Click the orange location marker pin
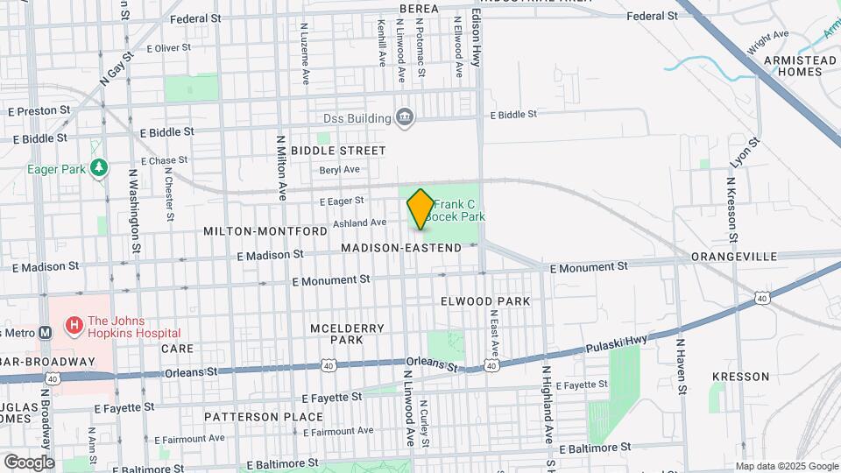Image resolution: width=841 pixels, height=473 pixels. (420, 208)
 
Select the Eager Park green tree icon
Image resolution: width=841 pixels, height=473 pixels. (100, 166)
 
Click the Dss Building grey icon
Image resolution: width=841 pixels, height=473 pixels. (404, 117)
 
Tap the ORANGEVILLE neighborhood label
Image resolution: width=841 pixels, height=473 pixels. (734, 257)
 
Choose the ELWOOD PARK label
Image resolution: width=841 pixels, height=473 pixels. (487, 301)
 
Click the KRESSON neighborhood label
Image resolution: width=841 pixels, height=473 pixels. (740, 377)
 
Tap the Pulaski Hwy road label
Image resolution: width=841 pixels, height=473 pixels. (619, 341)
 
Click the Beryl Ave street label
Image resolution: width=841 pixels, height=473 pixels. (340, 170)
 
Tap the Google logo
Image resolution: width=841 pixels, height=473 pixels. (29, 462)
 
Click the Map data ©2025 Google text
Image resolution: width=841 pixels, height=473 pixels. (786, 466)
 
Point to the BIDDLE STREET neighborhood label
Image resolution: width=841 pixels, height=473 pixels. (338, 151)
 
